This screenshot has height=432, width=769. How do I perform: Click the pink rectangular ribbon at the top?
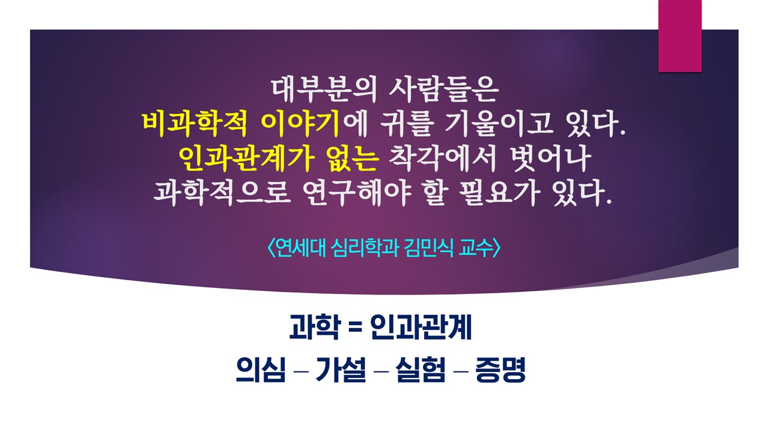tap(679, 35)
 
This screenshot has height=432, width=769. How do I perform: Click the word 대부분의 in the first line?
tap(324, 90)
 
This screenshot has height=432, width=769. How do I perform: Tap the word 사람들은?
tap(444, 90)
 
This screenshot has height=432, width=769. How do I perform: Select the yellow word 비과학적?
tap(194, 124)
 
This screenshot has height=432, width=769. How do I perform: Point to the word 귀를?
tap(405, 124)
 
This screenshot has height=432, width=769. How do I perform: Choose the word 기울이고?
tap(499, 124)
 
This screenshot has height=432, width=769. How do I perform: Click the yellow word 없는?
tap(352, 159)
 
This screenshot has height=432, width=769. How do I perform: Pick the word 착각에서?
tap(442, 159)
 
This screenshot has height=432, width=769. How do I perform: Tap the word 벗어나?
tap(551, 159)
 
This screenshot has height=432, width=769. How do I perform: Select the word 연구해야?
tap(357, 193)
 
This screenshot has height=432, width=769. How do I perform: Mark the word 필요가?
tap(499, 193)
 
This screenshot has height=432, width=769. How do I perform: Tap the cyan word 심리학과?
tap(365, 248)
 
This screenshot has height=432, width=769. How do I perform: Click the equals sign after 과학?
tap(355, 328)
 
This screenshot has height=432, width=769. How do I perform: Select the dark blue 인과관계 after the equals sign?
tap(421, 327)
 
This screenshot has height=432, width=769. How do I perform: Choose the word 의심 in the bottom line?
tap(261, 369)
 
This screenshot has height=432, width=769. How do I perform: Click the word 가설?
tap(341, 369)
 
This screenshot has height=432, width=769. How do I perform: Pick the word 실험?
tap(421, 369)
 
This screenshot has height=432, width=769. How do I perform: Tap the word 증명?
tap(500, 369)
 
